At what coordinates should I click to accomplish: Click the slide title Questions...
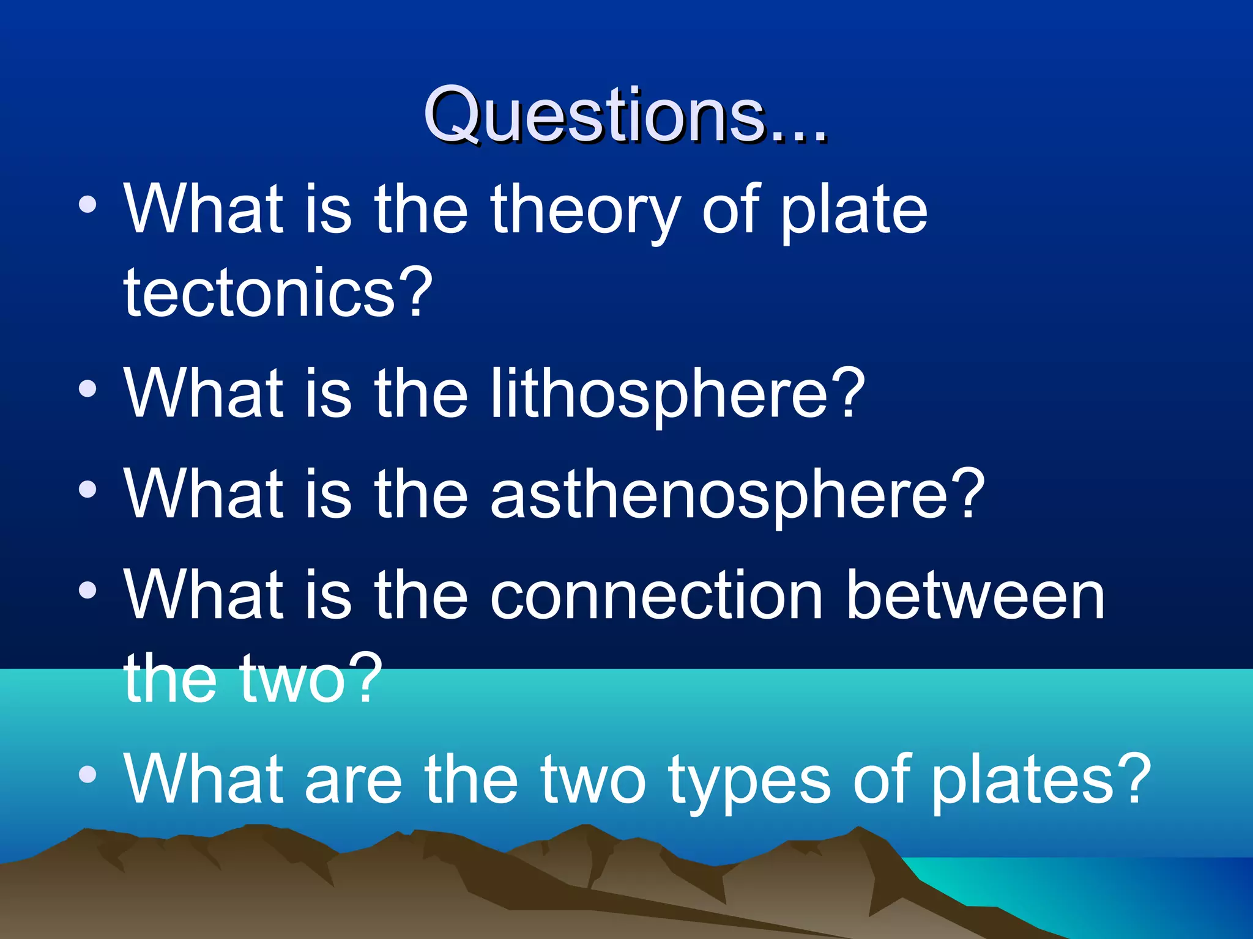[625, 115]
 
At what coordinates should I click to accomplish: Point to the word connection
[656, 595]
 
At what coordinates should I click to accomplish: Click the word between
[975, 595]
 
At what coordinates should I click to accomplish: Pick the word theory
[585, 211]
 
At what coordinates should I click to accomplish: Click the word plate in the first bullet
[854, 211]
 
